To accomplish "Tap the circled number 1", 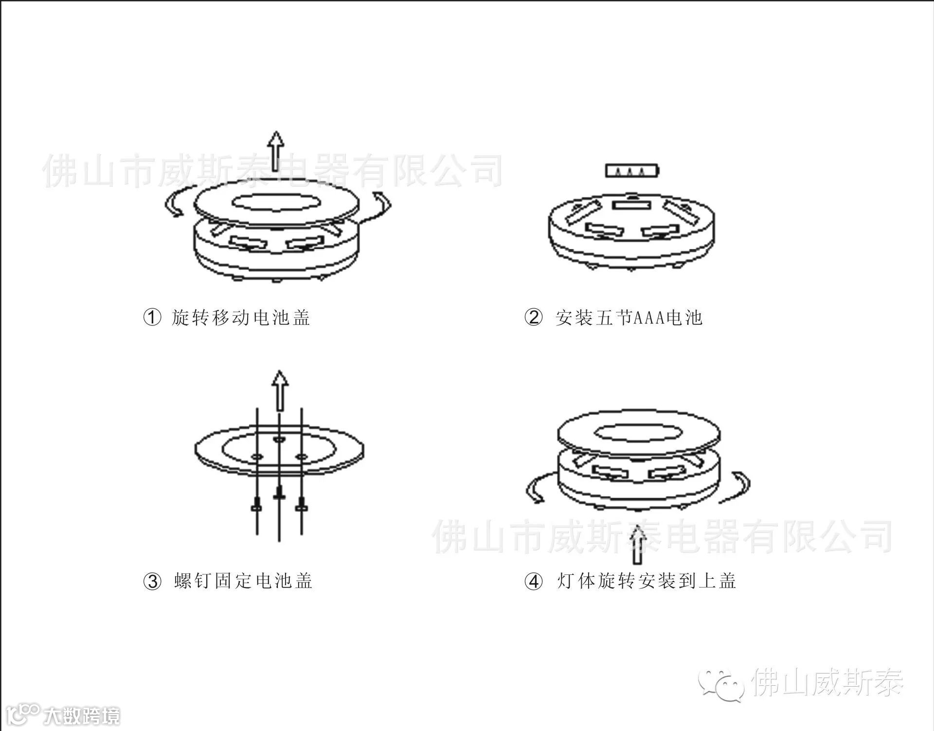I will click(152, 318).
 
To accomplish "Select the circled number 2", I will click(534, 318).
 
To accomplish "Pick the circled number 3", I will click(152, 581).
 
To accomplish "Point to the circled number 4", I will click(534, 581).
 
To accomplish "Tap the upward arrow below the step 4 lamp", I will click(637, 546).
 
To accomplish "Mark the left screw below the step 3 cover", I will click(257, 506).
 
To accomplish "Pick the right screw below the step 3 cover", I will click(302, 506).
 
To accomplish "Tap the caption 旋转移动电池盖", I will click(241, 318).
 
